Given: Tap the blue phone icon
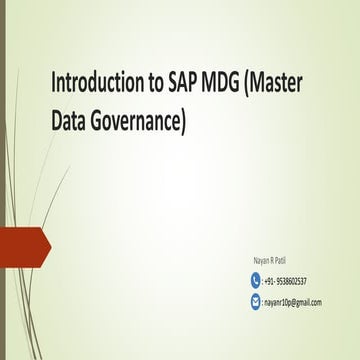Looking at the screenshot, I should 255,281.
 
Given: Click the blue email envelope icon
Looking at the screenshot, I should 255,300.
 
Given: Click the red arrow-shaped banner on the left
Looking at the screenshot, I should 22,244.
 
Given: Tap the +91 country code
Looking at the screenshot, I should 269,282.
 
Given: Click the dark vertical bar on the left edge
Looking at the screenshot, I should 2,180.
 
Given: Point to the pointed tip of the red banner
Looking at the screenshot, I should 49,244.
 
